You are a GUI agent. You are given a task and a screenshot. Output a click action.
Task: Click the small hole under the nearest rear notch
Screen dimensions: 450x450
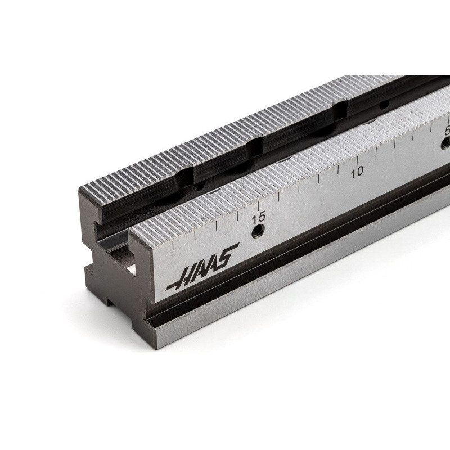point(196,187)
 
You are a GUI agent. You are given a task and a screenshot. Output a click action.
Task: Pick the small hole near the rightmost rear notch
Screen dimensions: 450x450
point(382,105)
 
